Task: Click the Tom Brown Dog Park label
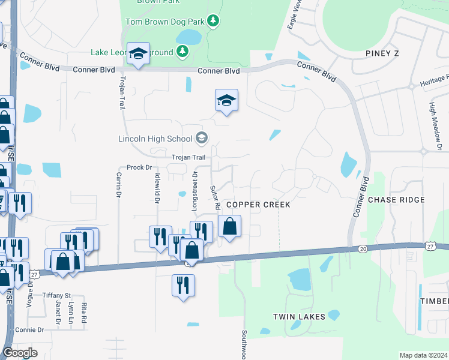164,22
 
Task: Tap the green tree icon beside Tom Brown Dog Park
212,22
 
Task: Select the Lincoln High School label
155,139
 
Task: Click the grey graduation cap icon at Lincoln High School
201,139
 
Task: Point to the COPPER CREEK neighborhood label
258,205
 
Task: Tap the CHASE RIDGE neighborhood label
396,200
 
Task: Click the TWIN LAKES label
299,317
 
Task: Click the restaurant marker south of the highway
182,284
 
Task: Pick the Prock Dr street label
139,167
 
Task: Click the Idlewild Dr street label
157,187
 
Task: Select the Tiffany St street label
56,296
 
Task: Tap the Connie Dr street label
30,330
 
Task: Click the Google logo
20,353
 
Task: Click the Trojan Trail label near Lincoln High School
188,157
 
